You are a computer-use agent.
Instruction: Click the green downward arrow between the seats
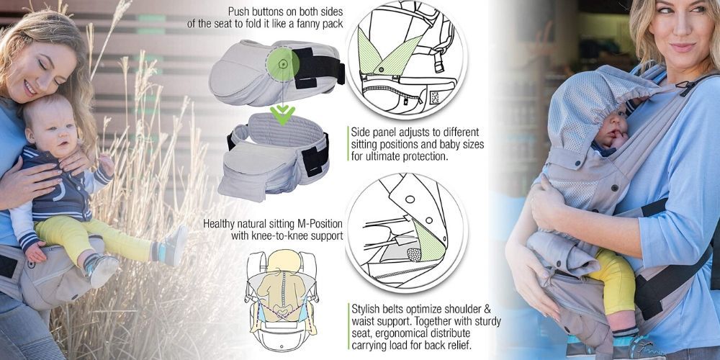pyautogui.click(x=282, y=114)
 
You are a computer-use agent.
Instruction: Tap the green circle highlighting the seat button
pyautogui.click(x=283, y=64)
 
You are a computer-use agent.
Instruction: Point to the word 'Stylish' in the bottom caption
pyautogui.click(x=366, y=307)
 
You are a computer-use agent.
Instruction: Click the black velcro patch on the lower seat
pyautogui.click(x=315, y=156)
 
